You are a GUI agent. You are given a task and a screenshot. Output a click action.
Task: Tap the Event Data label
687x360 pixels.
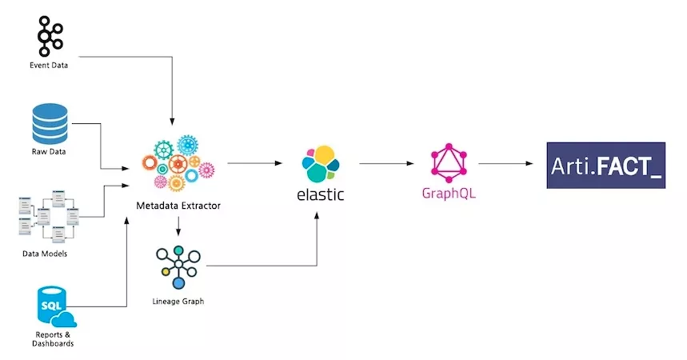pyautogui.click(x=48, y=66)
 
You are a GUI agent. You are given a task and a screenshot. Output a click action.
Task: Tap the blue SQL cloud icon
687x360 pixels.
pyautogui.click(x=50, y=305)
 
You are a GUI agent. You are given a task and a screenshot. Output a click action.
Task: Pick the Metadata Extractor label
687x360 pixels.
pyautogui.click(x=178, y=206)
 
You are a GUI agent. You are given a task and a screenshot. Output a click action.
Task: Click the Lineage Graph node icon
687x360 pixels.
pyautogui.click(x=178, y=266)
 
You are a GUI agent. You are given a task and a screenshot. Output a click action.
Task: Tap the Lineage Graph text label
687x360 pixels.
pyautogui.click(x=178, y=302)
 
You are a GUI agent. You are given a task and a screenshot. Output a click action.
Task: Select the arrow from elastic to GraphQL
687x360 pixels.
pyautogui.click(x=385, y=163)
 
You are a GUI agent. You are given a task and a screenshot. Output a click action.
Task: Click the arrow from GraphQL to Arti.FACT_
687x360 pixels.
pyautogui.click(x=505, y=163)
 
